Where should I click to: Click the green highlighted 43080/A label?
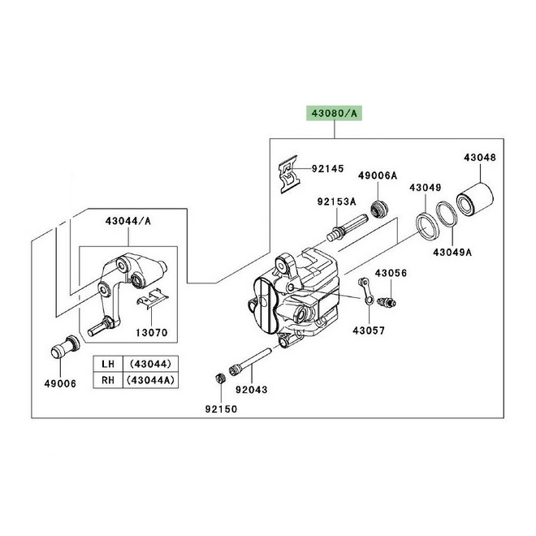[x=334, y=113]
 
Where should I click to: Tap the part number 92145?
[x=327, y=169]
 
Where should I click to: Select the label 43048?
[x=480, y=158]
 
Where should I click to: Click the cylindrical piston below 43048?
[x=475, y=201]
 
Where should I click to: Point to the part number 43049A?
[x=452, y=253]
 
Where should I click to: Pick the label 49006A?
[x=378, y=175]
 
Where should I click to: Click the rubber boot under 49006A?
[x=379, y=209]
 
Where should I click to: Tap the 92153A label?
[x=336, y=201]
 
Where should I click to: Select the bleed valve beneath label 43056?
[x=387, y=302]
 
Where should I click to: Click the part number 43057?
[x=369, y=331]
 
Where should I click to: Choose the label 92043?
[x=252, y=389]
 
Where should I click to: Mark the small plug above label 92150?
[x=220, y=378]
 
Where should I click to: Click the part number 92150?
[x=221, y=408]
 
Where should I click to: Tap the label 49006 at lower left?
[x=60, y=383]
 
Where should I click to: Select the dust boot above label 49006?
[x=65, y=347]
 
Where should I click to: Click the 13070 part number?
[x=152, y=332]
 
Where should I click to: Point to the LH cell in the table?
[x=108, y=364]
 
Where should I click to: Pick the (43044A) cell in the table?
[x=150, y=380]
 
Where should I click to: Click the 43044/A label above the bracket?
[x=128, y=221]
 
